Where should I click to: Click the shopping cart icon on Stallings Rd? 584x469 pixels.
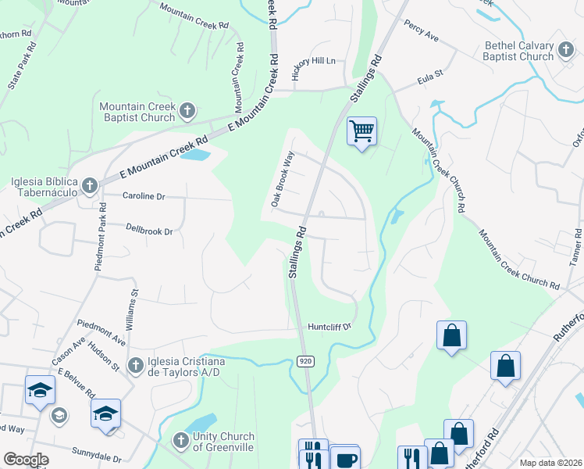362,131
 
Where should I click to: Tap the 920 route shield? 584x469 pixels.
305,360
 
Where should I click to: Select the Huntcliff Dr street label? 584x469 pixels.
331,327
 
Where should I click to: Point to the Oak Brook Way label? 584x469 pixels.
282,179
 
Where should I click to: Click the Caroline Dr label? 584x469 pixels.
144,196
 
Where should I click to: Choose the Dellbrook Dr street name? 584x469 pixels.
148,231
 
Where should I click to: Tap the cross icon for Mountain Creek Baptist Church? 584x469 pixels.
187,111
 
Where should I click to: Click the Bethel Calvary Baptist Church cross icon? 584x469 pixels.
566,52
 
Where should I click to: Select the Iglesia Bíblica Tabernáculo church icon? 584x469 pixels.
90,185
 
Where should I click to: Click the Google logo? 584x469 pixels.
26,460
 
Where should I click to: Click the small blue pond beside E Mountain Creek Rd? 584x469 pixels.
195,154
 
